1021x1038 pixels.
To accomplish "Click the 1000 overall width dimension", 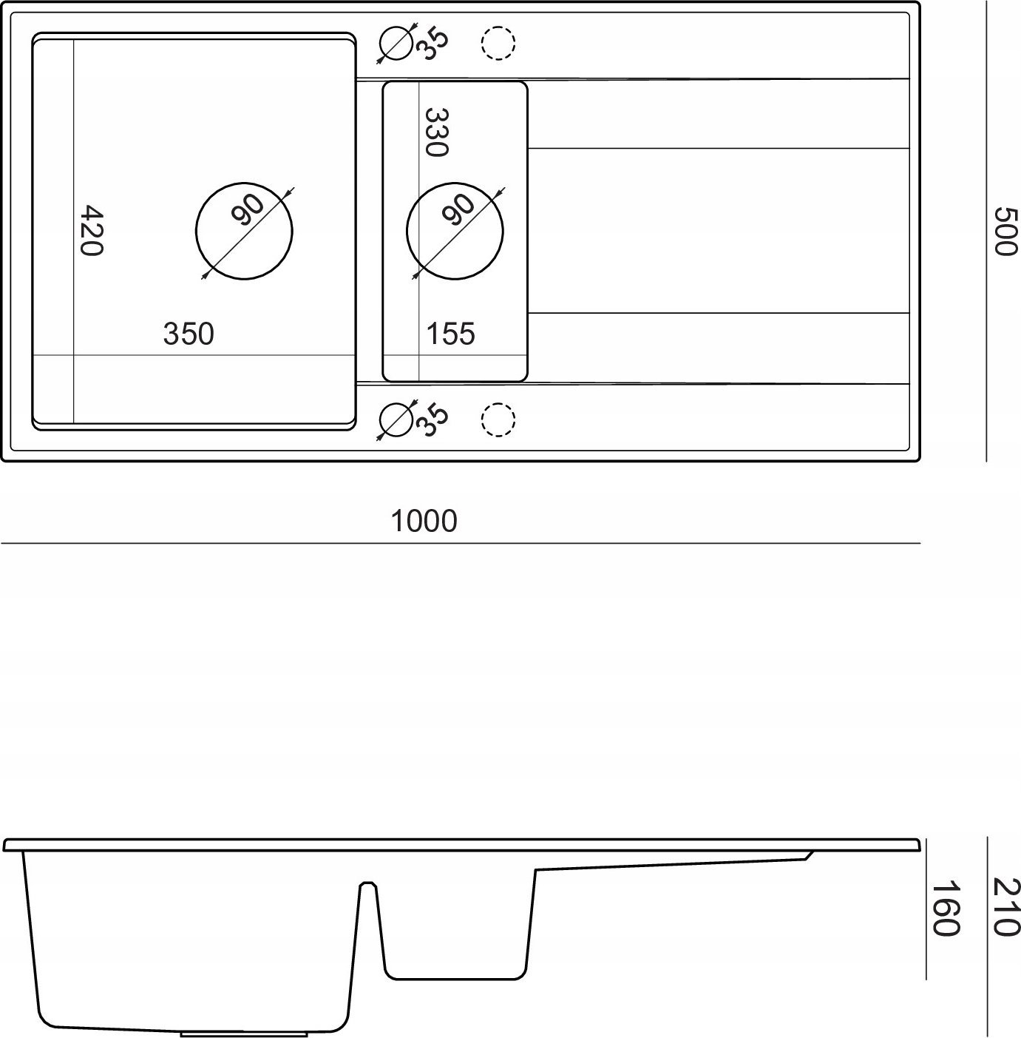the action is [x=424, y=522].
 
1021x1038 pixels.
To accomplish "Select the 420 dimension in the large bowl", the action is [x=92, y=231].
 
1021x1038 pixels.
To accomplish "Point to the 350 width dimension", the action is [x=189, y=334].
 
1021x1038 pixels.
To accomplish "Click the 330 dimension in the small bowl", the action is [x=436, y=132].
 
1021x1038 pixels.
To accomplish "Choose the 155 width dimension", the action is [x=451, y=334].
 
